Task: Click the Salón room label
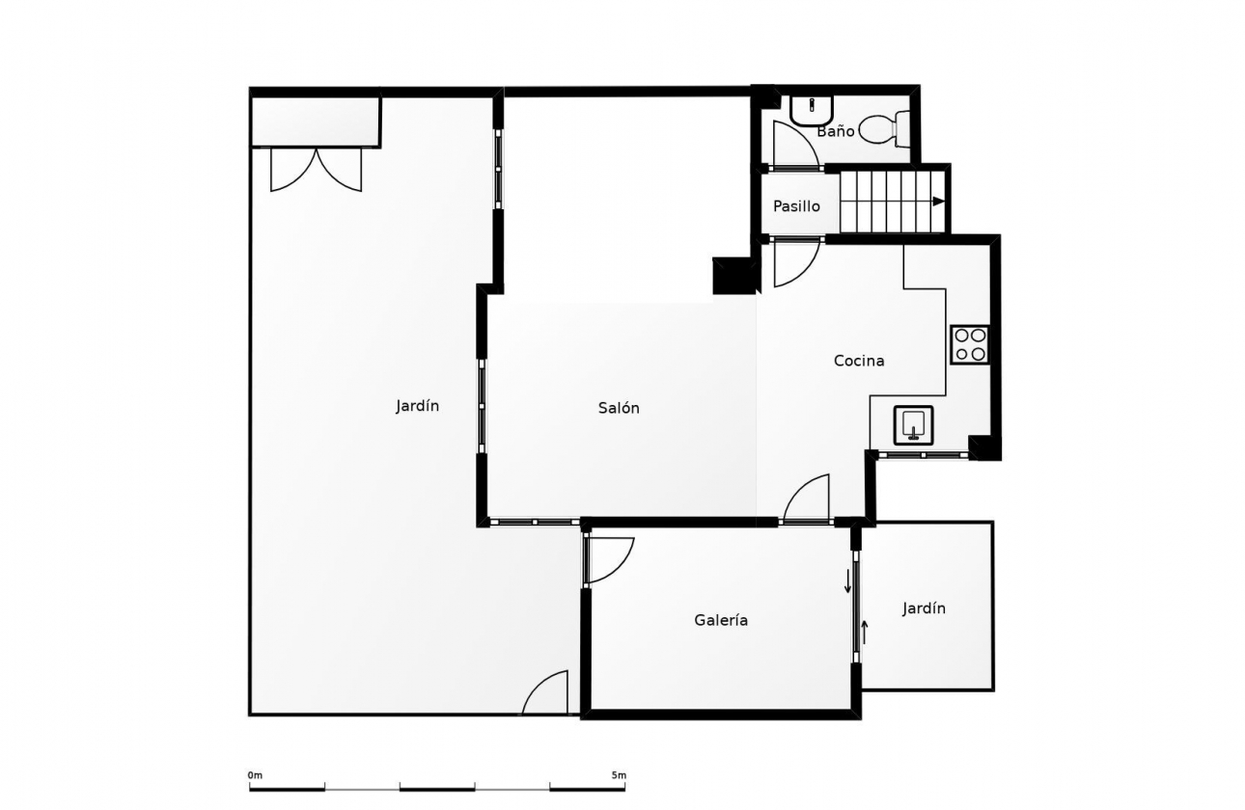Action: click(619, 408)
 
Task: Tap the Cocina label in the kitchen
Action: click(859, 361)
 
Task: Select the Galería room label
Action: click(721, 620)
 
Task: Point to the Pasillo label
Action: click(796, 206)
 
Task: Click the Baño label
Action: click(836, 131)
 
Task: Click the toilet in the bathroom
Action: click(885, 129)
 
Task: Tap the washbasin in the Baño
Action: click(812, 109)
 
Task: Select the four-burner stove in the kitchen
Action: click(970, 345)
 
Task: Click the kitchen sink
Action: click(913, 425)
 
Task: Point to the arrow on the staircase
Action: click(939, 201)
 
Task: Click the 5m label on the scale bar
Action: click(619, 775)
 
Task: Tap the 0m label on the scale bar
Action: click(255, 775)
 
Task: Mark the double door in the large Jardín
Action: click(317, 170)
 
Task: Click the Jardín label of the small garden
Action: click(924, 608)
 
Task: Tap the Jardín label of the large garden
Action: click(417, 406)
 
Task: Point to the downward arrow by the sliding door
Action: click(848, 580)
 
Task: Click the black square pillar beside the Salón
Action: click(733, 276)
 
